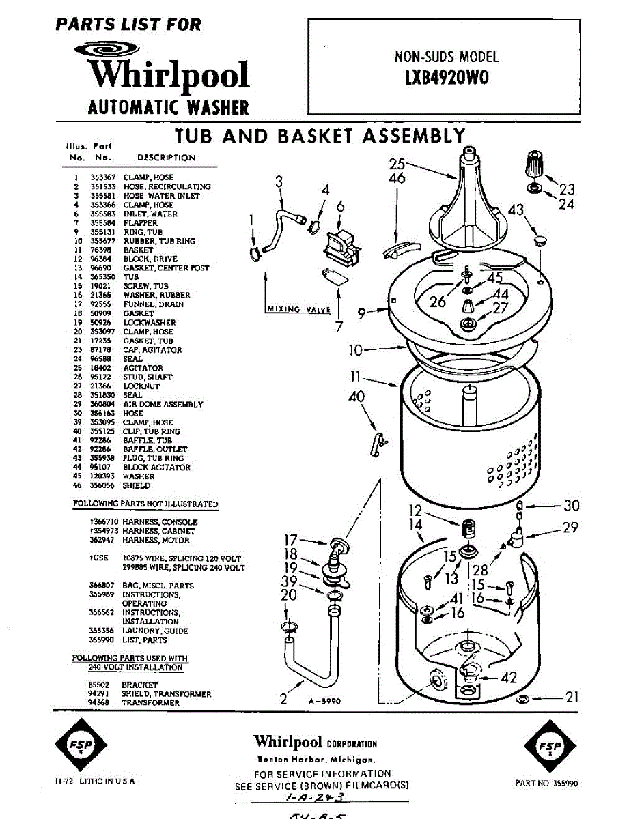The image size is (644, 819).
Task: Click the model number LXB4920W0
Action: pos(447,78)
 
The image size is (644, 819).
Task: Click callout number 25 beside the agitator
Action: pos(397,164)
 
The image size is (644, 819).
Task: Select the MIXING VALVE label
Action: pos(298,310)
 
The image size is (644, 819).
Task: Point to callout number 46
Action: pos(397,179)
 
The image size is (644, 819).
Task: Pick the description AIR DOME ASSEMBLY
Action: pos(163,404)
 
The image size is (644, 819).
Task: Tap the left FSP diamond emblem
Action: pos(73,747)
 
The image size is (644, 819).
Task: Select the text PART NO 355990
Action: pos(546,784)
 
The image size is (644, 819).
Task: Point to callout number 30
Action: pos(571,506)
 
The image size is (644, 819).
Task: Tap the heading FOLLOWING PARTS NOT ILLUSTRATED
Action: pos(145,504)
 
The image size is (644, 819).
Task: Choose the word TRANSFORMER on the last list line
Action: pos(141,703)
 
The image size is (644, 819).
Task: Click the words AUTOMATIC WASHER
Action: pos(169,107)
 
